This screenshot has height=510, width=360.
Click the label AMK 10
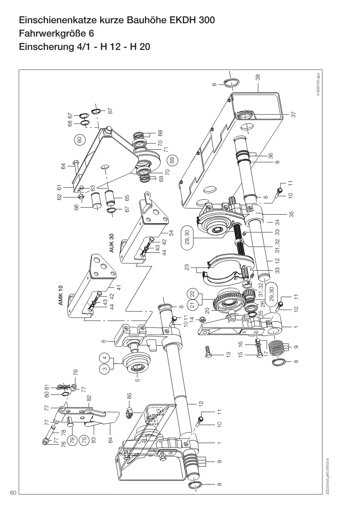pyautogui.click(x=60, y=295)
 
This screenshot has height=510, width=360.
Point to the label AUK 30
pyautogui.click(x=111, y=243)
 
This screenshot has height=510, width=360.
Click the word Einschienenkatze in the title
pyautogui.click(x=58, y=20)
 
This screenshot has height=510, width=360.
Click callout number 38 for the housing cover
pyautogui.click(x=258, y=77)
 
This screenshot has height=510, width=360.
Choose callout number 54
pyautogui.click(x=171, y=233)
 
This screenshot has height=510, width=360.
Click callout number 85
pyautogui.click(x=130, y=396)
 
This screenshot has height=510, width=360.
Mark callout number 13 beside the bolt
pyautogui.click(x=229, y=354)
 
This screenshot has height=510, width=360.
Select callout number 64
pyautogui.click(x=63, y=166)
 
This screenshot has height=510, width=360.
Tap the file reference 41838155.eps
pyautogui.click(x=318, y=85)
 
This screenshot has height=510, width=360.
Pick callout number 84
pyautogui.click(x=110, y=439)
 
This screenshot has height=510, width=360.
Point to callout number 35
pyautogui.click(x=291, y=214)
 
